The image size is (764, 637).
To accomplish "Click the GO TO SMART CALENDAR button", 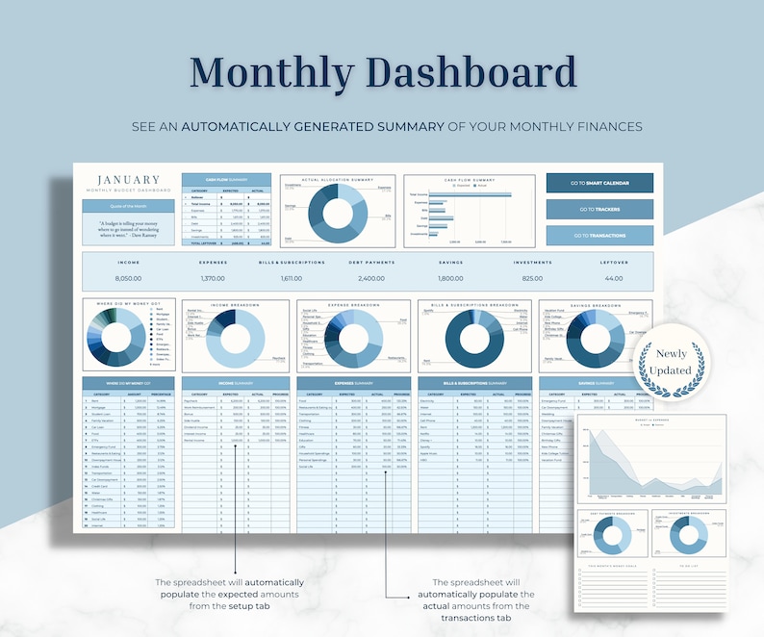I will (599, 183).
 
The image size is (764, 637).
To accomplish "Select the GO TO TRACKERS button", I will (599, 209).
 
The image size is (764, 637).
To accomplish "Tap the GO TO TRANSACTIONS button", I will (599, 235).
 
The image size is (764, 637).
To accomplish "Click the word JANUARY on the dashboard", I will (128, 180).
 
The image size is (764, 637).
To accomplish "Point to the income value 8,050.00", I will (128, 277).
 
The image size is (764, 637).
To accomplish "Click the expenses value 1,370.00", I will (213, 277).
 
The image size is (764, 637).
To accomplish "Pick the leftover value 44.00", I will (612, 277).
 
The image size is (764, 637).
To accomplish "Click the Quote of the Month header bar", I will (128, 206).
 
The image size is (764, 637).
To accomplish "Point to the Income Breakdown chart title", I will (236, 305).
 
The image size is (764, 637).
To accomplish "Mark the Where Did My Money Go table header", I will (128, 383).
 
